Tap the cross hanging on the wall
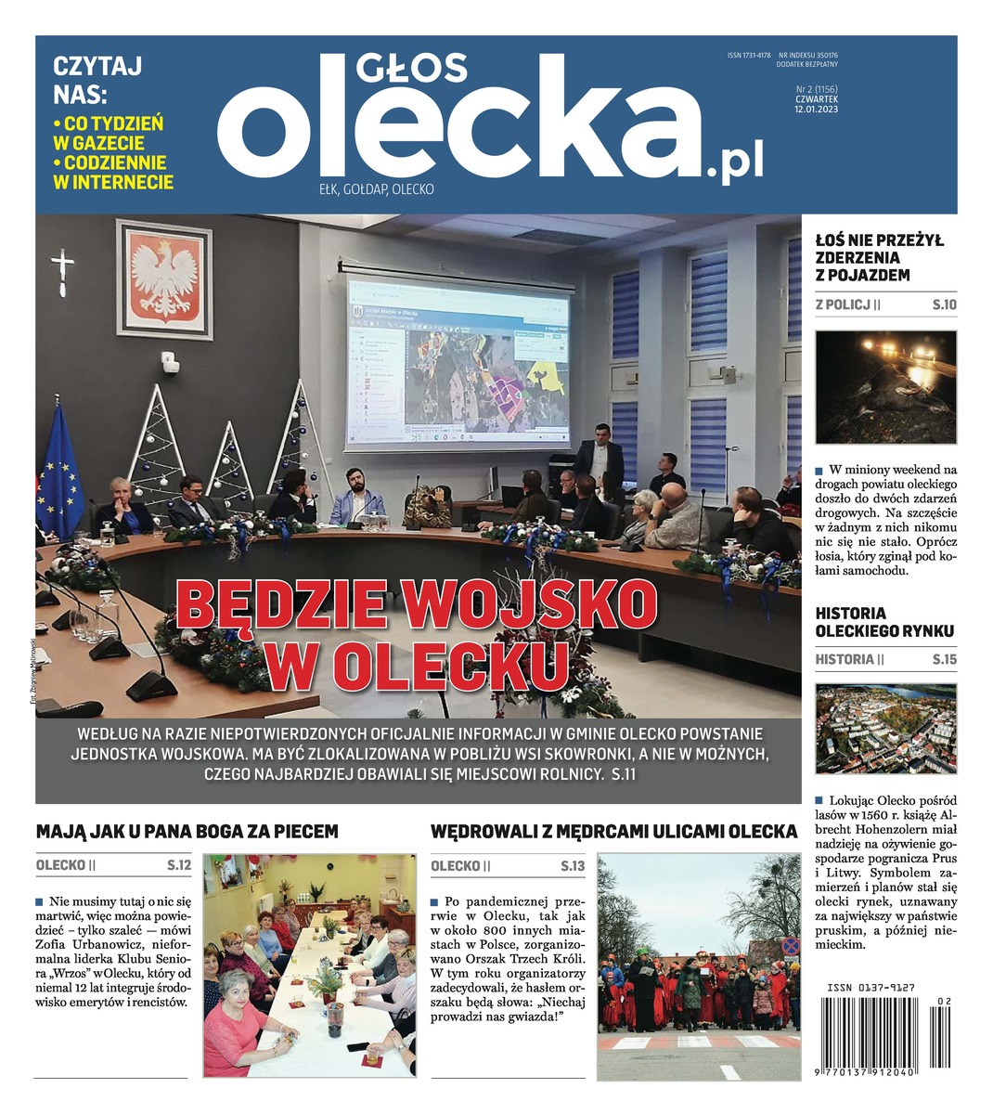62,269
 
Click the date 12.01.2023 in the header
816,109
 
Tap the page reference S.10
944,304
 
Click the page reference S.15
944,660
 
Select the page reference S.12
179,865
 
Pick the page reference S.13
573,866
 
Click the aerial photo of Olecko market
884,731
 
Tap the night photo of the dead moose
884,388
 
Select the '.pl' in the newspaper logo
735,162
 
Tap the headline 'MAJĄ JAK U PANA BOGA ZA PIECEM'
187,831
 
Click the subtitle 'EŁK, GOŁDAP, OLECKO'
376,189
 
